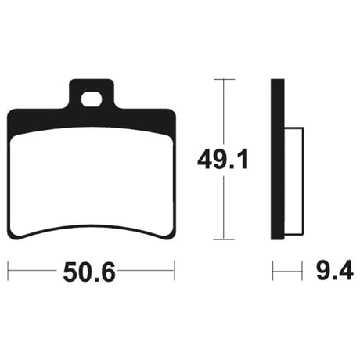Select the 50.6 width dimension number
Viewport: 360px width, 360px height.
click(88, 272)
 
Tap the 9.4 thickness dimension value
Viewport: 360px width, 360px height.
click(335, 271)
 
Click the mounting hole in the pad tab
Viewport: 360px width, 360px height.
click(91, 99)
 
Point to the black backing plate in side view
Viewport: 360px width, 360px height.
click(277, 159)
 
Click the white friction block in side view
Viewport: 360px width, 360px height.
click(293, 181)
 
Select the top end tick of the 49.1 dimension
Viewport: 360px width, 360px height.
click(224, 79)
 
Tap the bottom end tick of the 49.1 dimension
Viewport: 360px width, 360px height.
click(224, 239)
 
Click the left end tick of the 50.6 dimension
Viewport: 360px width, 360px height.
click(8, 271)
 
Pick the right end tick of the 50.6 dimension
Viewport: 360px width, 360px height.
click(175, 271)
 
